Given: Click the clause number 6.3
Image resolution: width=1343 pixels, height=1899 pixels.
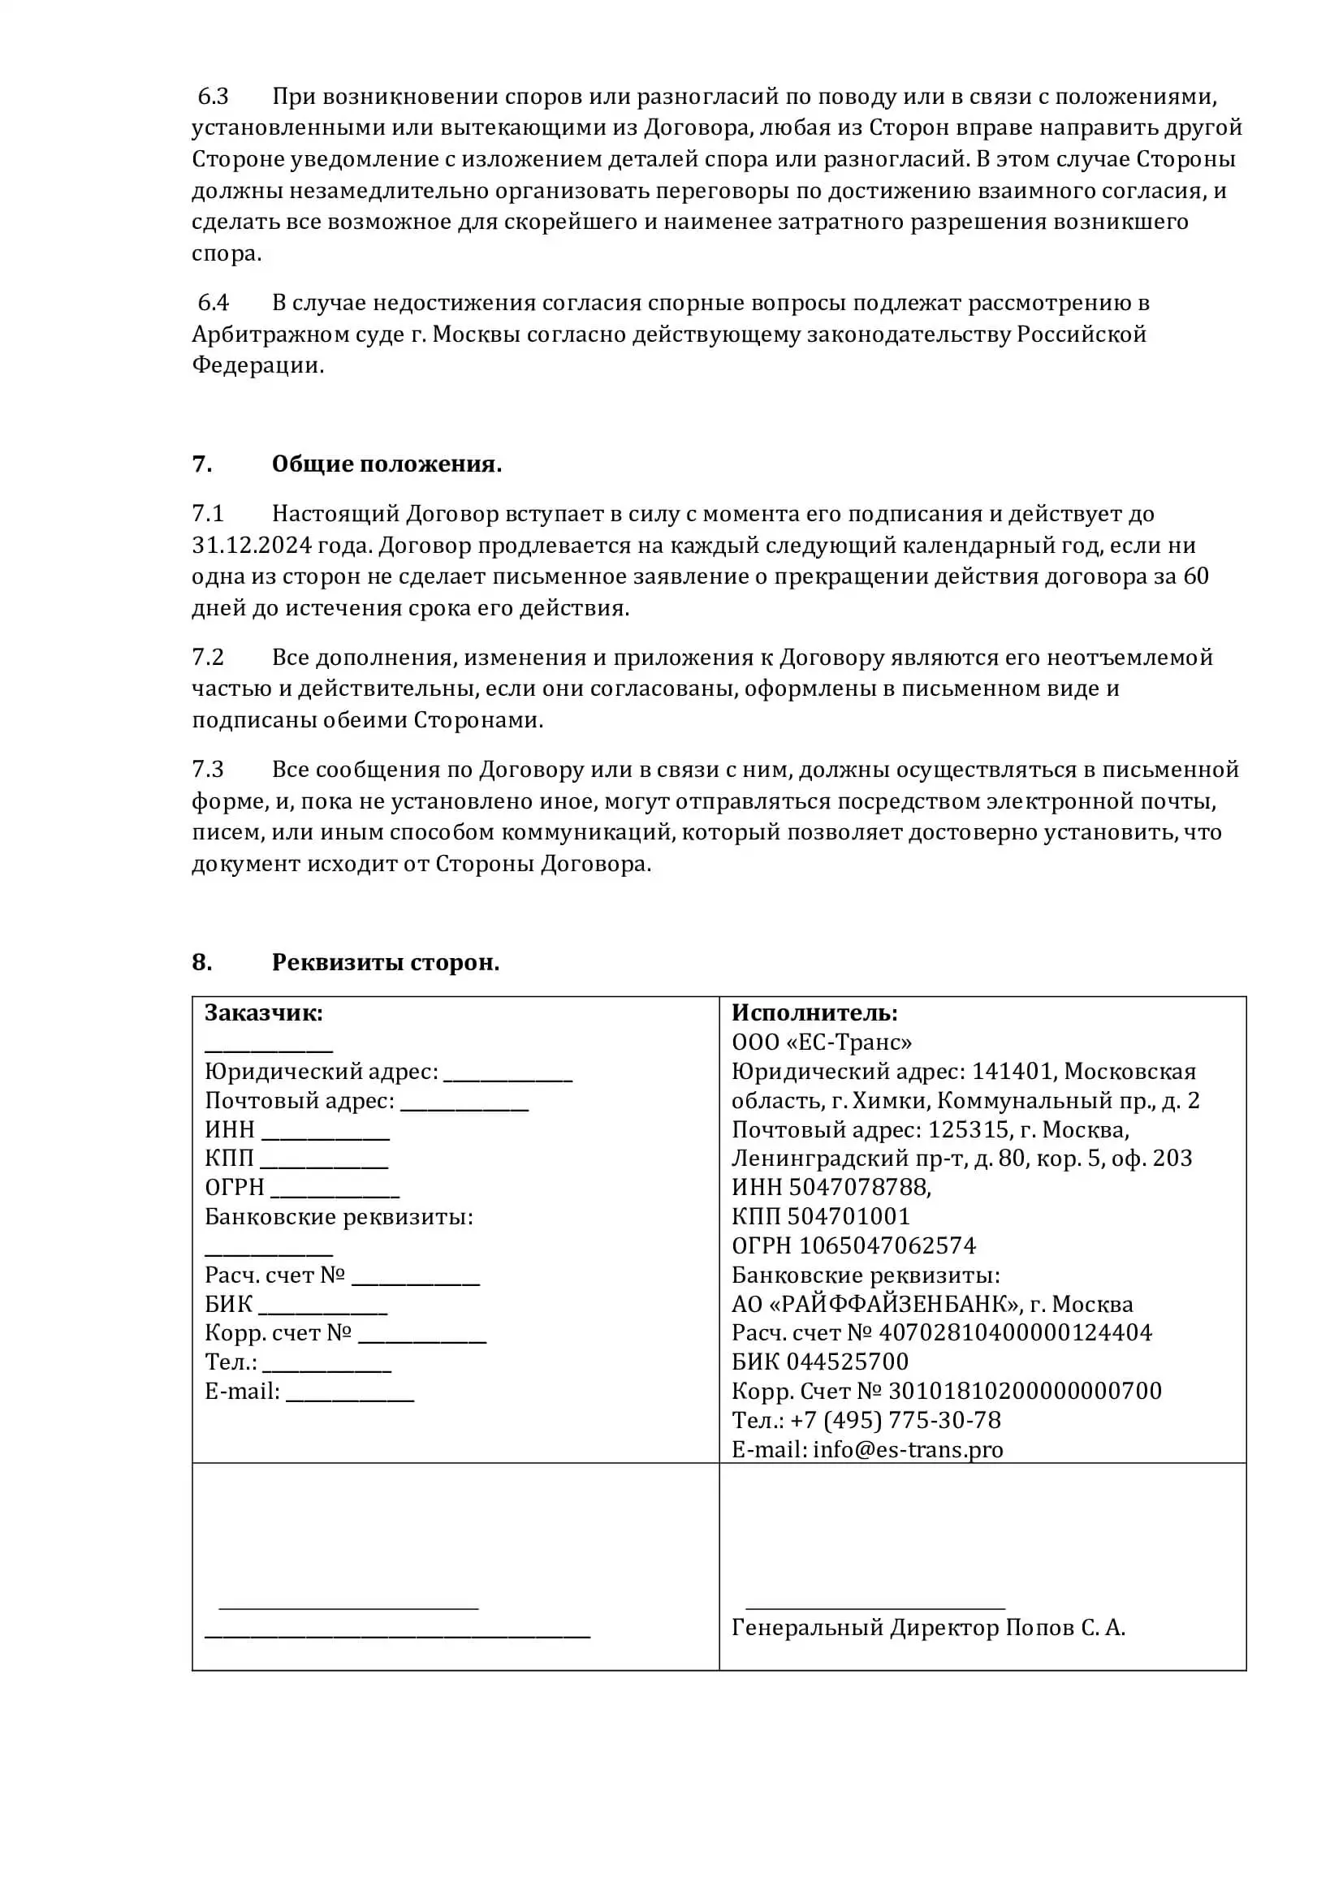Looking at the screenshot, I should pyautogui.click(x=213, y=97).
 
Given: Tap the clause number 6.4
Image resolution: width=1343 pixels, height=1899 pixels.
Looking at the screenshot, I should pyautogui.click(x=213, y=303).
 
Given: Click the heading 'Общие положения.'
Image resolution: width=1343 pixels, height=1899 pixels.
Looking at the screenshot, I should pyautogui.click(x=386, y=464).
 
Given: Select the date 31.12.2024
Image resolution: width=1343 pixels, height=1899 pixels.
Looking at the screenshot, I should pyautogui.click(x=253, y=545).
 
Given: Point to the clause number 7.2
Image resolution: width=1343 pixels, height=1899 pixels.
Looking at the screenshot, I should pyautogui.click(x=208, y=657).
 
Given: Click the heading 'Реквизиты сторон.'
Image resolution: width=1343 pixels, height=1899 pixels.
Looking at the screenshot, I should pyautogui.click(x=386, y=962).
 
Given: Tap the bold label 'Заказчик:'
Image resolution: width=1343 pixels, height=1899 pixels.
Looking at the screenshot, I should pyautogui.click(x=264, y=1012).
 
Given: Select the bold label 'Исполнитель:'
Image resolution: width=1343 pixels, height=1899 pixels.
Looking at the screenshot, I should pyautogui.click(x=814, y=1012).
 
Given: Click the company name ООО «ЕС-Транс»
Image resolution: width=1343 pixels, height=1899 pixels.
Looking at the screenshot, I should pyautogui.click(x=822, y=1042).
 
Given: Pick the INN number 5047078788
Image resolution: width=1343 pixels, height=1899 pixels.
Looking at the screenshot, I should pyautogui.click(x=858, y=1187).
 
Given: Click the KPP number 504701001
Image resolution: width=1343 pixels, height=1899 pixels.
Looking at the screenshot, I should pyautogui.click(x=849, y=1216).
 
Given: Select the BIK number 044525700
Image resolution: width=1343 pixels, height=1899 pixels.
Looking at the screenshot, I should pyautogui.click(x=847, y=1362).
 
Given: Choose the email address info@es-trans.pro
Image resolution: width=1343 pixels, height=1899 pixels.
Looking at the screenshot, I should pyautogui.click(x=908, y=1449).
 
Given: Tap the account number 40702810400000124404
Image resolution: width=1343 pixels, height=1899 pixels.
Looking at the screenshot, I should pyautogui.click(x=1015, y=1332).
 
